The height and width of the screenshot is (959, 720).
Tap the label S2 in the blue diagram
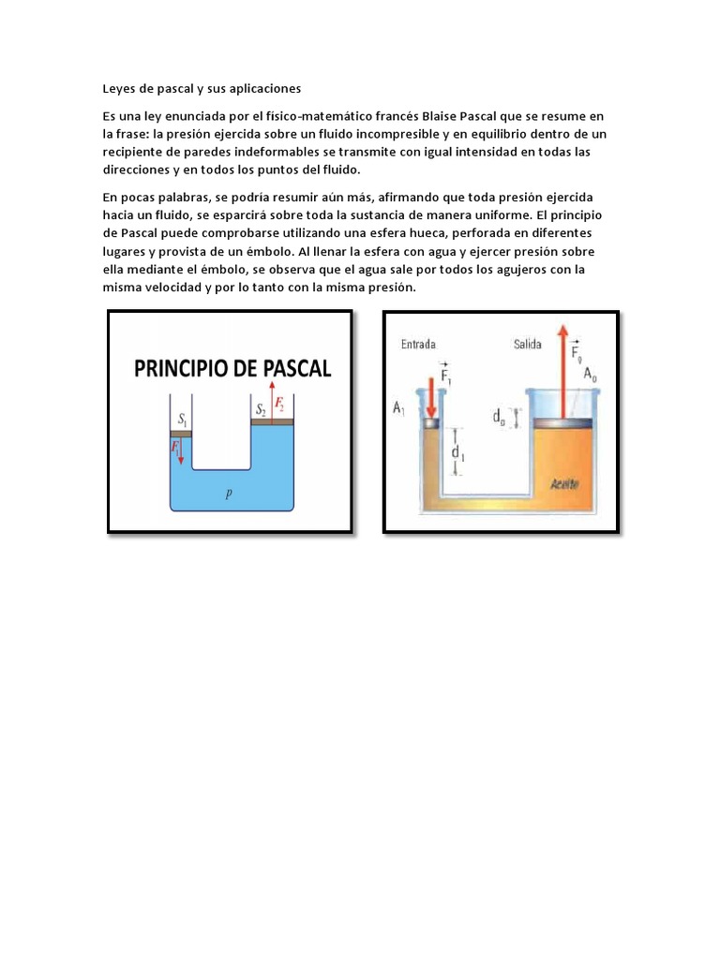pyautogui.click(x=260, y=408)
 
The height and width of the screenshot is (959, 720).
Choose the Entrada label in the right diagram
pyautogui.click(x=418, y=345)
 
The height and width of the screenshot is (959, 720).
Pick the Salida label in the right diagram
pyautogui.click(x=527, y=345)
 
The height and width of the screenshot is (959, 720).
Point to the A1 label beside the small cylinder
pyautogui.click(x=399, y=407)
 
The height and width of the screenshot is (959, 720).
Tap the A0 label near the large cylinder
pyautogui.click(x=591, y=374)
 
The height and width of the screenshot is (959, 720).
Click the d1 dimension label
pyautogui.click(x=457, y=453)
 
